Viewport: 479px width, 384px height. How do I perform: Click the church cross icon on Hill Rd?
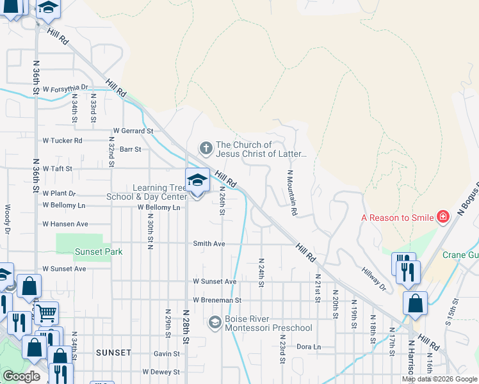206,148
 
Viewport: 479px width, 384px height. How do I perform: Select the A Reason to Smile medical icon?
442,218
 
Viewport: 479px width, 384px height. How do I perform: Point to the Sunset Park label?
99,252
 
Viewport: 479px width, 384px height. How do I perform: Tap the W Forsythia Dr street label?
65,88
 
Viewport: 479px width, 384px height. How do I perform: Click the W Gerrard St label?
133,131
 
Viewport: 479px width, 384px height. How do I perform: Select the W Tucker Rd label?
62,140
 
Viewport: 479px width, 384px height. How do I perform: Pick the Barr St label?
130,149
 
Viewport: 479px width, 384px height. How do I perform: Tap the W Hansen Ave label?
65,224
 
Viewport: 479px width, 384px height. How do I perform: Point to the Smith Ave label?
209,244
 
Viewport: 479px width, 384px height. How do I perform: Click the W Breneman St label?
216,300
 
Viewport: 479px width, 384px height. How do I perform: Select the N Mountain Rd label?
292,192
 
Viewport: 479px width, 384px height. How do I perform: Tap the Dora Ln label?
308,347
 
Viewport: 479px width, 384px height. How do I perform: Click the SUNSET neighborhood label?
113,353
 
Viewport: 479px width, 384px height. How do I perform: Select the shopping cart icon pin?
45,314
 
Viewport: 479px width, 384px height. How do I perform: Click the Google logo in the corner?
21,376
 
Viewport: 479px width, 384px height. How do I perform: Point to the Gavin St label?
166,353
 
